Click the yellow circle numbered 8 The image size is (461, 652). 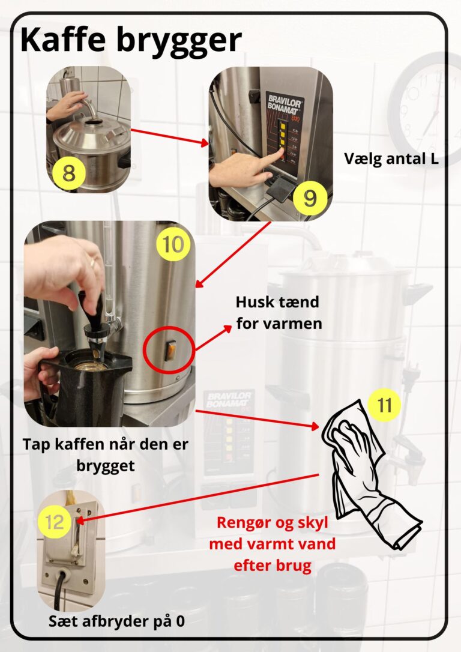coord(69,173)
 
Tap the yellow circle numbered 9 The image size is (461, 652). coord(310,198)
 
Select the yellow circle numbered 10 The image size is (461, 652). coord(173,244)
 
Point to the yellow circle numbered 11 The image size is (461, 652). coord(384,405)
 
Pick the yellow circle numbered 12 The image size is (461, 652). coord(55,522)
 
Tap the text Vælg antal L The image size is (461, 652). coord(391,158)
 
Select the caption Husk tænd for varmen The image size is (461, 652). coord(279,313)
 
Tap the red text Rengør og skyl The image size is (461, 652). coord(273,522)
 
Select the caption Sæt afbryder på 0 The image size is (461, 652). coord(117,621)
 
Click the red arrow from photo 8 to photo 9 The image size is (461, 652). coord(170,137)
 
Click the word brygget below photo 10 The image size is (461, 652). coord(106,466)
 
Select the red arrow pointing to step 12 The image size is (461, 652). coord(197,497)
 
